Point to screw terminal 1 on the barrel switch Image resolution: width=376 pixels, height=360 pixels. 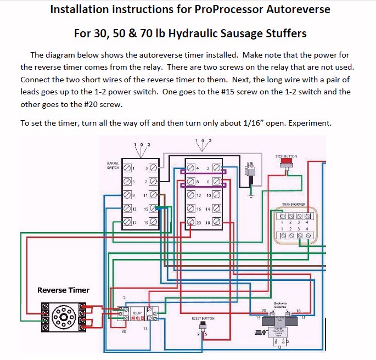tap(127, 167)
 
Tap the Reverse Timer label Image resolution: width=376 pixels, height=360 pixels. tap(63, 290)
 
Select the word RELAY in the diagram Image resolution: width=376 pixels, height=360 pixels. tap(137, 313)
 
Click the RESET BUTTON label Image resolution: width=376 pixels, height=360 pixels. tap(203, 318)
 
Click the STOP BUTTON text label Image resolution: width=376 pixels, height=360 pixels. tap(286, 156)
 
